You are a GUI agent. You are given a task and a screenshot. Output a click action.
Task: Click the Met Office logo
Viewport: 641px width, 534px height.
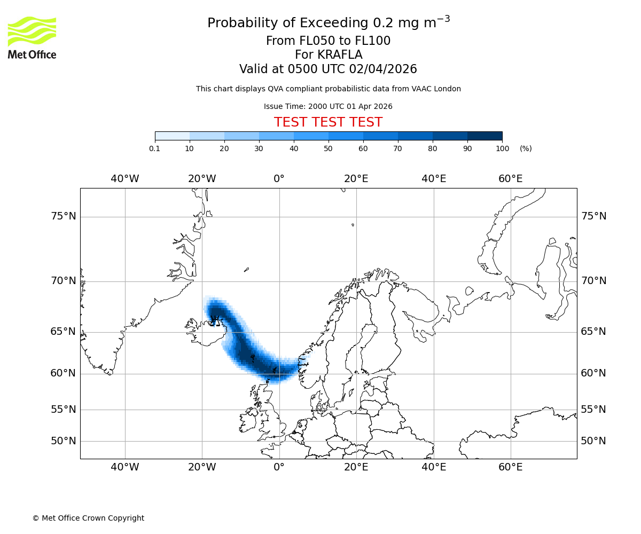pyautogui.click(x=32, y=37)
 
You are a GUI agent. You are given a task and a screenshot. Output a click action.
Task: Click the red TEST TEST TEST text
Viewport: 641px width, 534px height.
pyautogui.click(x=328, y=122)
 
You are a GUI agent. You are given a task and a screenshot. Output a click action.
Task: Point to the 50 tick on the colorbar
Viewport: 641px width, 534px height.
pyautogui.click(x=329, y=148)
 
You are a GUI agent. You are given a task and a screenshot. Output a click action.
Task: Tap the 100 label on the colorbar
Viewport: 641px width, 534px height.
pyautogui.click(x=502, y=148)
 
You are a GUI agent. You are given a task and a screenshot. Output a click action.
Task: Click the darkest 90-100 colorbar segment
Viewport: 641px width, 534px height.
pyautogui.click(x=484, y=136)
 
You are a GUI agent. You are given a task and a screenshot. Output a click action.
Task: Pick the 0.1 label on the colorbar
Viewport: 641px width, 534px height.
pyautogui.click(x=155, y=148)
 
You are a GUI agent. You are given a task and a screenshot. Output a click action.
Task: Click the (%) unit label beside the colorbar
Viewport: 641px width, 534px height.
pyautogui.click(x=526, y=148)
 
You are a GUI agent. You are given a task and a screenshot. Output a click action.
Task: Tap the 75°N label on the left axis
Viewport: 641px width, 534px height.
pyautogui.click(x=64, y=216)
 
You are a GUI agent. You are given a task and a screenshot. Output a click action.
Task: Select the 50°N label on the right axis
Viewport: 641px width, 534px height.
pyautogui.click(x=593, y=441)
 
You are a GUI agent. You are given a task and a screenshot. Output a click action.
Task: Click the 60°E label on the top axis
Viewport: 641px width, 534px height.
pyautogui.click(x=511, y=179)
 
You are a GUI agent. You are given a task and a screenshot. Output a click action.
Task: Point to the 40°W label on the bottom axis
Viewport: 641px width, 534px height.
pyautogui.click(x=125, y=468)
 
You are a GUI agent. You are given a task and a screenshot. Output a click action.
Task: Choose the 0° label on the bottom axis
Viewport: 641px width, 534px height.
pyautogui.click(x=279, y=468)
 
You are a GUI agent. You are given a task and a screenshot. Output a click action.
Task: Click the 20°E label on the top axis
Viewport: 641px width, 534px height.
pyautogui.click(x=356, y=179)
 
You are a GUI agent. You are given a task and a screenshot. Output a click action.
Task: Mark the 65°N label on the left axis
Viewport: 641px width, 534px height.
pyautogui.click(x=64, y=332)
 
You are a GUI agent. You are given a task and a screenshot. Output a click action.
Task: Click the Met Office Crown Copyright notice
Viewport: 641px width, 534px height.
pyautogui.click(x=88, y=518)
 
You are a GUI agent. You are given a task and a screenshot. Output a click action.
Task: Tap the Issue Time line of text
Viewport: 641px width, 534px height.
pyautogui.click(x=328, y=106)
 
